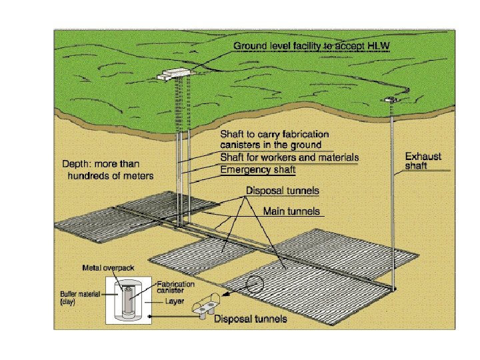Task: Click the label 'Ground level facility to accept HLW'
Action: coord(311,46)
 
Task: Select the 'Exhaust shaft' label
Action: coord(423,161)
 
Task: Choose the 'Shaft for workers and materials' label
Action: coord(289,158)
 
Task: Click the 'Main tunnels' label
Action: coord(291,211)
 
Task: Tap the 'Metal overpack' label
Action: coord(108,268)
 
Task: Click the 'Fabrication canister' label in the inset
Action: coord(176,287)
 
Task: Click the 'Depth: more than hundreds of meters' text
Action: coord(109,170)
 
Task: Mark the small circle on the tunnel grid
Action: coord(254,286)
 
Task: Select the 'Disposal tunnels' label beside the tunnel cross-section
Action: coord(250,319)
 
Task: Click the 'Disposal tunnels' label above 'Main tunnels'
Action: coord(283,191)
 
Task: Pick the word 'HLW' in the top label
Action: coord(377,46)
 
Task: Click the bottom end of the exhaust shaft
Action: coord(395,287)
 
